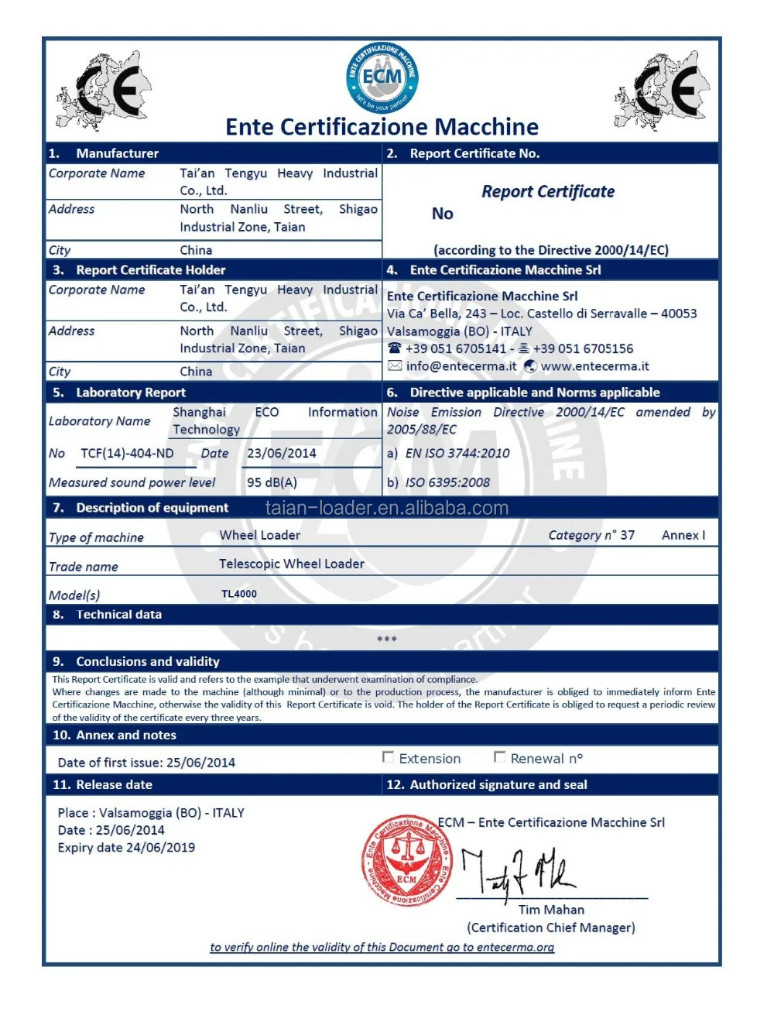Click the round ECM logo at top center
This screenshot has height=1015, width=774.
[x=382, y=78]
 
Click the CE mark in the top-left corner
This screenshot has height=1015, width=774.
[x=103, y=91]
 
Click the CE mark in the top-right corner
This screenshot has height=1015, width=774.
[x=663, y=91]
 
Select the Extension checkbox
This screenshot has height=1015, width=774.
[x=389, y=757]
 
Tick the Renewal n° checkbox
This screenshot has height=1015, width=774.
[x=500, y=757]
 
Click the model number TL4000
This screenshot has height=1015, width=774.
[x=239, y=594]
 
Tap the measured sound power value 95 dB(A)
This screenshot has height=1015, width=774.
[x=272, y=482]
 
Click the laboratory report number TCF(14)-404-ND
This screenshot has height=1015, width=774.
[x=127, y=454]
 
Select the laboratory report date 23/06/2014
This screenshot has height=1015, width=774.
[x=282, y=454]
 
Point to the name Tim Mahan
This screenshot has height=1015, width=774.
[x=551, y=910]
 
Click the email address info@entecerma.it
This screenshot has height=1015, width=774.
[x=461, y=366]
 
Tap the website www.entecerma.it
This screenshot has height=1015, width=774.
[x=594, y=366]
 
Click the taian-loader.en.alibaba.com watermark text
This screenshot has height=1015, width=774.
[x=387, y=508]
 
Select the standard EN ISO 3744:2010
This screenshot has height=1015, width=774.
[x=457, y=454]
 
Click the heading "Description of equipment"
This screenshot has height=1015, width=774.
[x=152, y=508]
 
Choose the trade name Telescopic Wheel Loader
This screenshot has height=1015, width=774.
[x=291, y=564]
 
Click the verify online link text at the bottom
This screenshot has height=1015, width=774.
[x=382, y=947]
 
